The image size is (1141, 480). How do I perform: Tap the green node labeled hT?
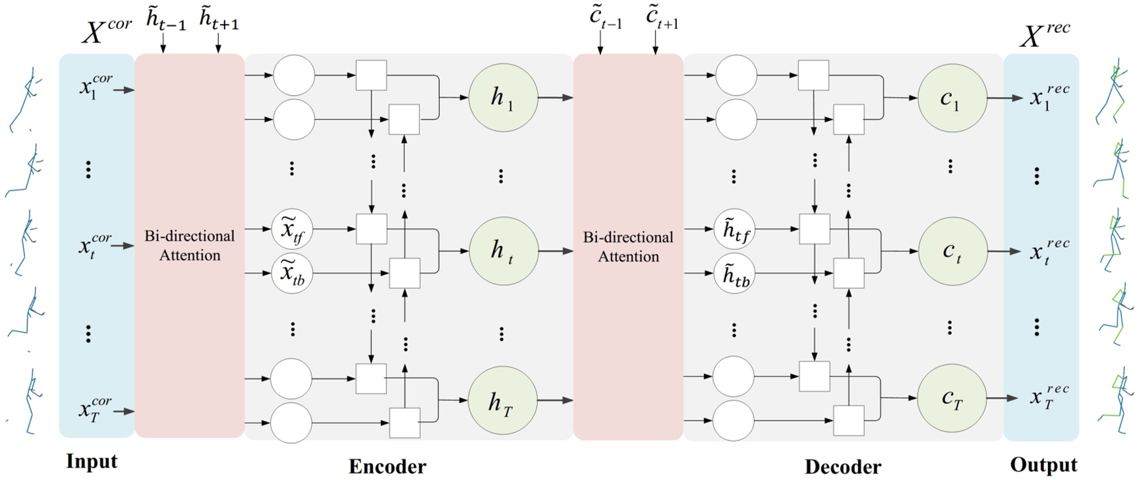click(502, 401)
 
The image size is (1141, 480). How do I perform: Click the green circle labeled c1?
click(951, 98)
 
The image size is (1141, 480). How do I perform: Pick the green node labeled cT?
click(951, 399)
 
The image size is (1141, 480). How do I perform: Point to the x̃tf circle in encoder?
click(292, 231)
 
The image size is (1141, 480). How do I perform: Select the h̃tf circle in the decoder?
click(735, 231)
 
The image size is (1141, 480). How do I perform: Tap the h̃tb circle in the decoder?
click(735, 274)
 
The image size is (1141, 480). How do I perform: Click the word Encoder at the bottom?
click(387, 466)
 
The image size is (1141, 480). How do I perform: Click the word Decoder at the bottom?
click(842, 466)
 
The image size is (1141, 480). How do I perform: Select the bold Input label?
click(92, 461)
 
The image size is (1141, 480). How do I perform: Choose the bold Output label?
click(1044, 464)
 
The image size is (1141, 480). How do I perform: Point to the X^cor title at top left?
click(106, 30)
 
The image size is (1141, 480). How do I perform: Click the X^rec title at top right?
click(1045, 34)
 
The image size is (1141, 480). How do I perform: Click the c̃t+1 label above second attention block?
click(662, 18)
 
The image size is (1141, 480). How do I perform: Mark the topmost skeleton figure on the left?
click(24, 99)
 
